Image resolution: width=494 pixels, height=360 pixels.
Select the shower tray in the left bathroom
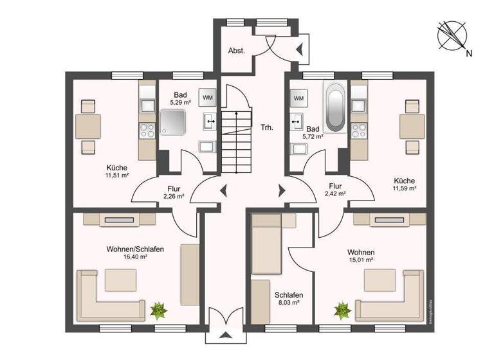tap(173, 123)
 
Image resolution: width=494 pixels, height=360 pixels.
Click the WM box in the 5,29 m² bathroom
tap(208, 97)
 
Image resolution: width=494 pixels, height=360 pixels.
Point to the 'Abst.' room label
tap(236, 50)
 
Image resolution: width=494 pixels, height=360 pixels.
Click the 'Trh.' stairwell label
tap(267, 127)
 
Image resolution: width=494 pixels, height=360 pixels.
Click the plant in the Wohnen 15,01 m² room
tap(340, 311)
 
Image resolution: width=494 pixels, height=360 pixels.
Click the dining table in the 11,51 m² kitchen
tap(87, 126)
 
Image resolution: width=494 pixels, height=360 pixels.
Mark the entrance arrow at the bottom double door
tap(225, 336)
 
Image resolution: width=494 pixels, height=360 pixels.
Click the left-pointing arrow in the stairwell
tap(223, 190)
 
